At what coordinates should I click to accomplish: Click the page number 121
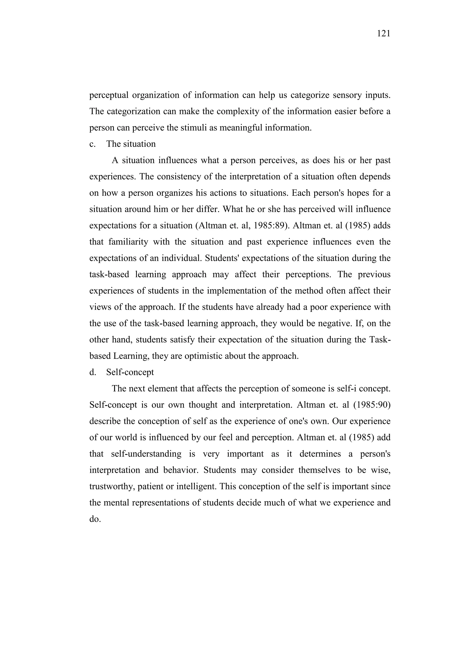384,34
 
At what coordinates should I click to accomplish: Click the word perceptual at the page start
109,95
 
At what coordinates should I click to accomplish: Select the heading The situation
131,144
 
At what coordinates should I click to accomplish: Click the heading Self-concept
130,372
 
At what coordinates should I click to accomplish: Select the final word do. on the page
95,519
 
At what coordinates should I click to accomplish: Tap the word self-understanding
146,454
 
